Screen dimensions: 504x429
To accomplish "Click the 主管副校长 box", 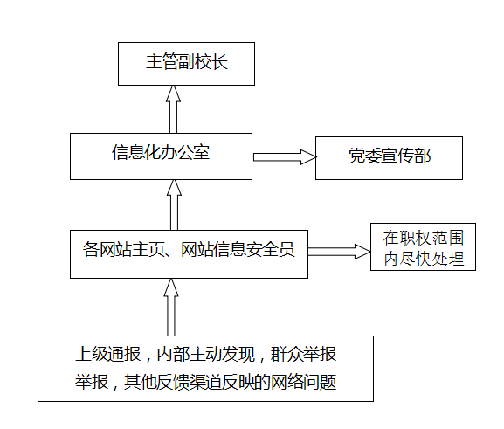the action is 186,64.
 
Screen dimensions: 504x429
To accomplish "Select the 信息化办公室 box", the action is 161,156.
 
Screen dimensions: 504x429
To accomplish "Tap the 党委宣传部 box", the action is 389,158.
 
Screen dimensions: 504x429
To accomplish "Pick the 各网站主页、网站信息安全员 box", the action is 189,254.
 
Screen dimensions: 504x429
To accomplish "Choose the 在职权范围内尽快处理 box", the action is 423,246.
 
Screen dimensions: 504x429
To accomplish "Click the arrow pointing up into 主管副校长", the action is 173,109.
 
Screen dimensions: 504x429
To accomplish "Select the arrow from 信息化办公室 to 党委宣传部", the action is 285,157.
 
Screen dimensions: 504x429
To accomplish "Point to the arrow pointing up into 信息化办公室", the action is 174,204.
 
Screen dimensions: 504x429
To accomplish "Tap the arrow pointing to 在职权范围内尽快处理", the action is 340,252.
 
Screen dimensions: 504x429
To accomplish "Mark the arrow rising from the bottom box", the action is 171,308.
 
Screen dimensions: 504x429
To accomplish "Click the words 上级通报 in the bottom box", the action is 108,354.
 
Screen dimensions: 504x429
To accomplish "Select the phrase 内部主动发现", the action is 206,354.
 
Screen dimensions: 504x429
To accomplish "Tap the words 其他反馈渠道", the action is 173,382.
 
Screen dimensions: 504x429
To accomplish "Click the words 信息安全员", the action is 254,249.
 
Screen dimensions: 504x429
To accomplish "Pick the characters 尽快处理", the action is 432,259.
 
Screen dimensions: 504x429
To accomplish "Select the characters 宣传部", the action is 406,156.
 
